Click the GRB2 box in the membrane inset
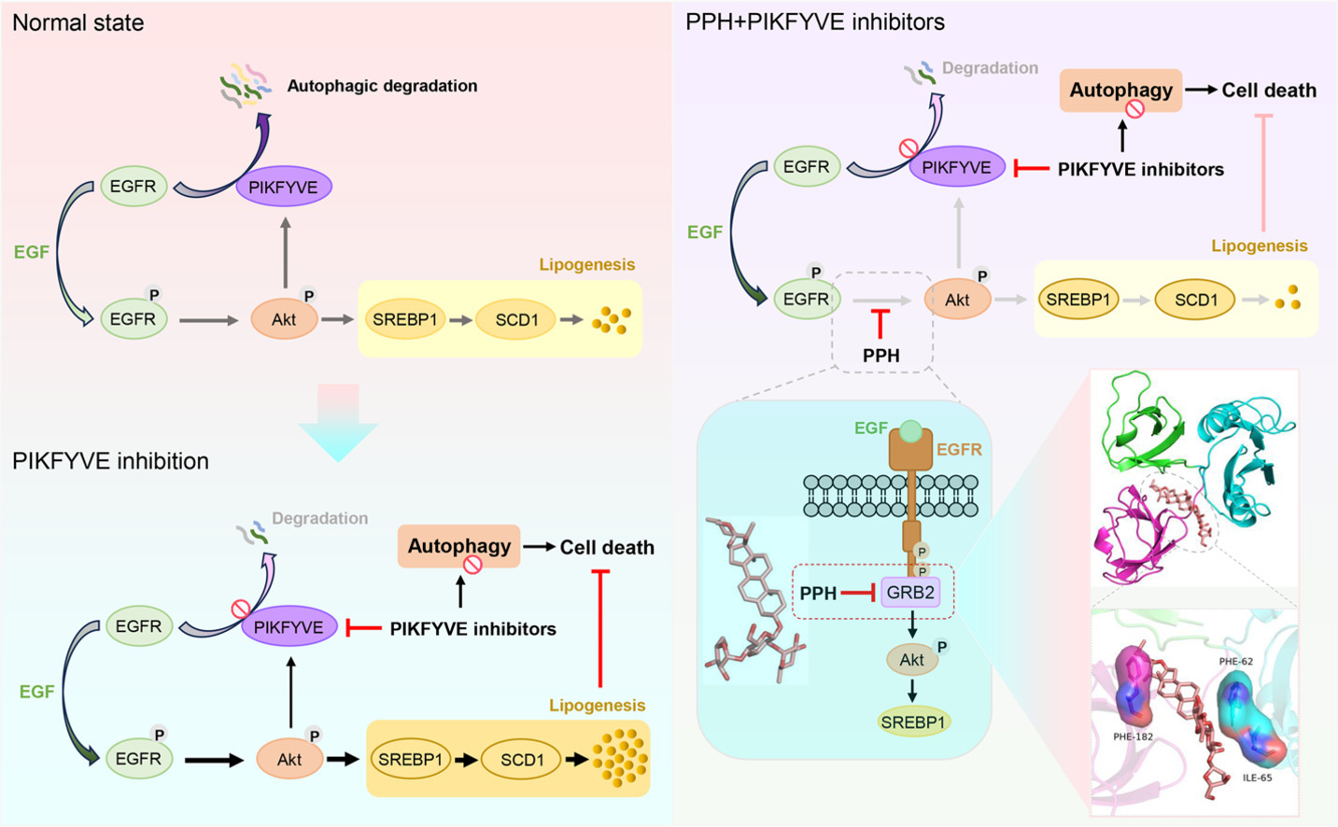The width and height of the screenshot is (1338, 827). [x=910, y=593]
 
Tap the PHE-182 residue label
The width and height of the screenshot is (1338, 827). [x=1133, y=736]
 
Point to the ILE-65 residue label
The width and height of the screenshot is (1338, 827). [x=1257, y=778]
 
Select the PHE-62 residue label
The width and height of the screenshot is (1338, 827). [x=1236, y=662]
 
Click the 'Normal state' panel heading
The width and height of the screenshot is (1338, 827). [x=78, y=22]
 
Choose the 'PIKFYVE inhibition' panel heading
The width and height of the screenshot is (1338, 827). [x=110, y=461]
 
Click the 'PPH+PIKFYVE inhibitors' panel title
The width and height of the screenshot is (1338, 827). [x=815, y=22]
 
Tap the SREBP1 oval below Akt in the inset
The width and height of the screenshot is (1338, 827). [x=913, y=722]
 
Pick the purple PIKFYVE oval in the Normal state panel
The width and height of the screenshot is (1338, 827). [x=284, y=187]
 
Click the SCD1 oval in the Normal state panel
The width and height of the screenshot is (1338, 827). [x=516, y=320]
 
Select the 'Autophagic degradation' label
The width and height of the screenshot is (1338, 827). [x=382, y=86]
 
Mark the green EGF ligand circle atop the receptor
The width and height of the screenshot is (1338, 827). [x=911, y=431]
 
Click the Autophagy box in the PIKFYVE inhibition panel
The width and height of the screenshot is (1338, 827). [x=458, y=546]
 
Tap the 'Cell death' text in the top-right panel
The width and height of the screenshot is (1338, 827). [x=1269, y=91]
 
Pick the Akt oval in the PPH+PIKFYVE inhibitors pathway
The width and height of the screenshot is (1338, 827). [x=957, y=300]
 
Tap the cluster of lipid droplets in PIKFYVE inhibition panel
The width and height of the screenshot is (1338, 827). [x=620, y=757]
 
